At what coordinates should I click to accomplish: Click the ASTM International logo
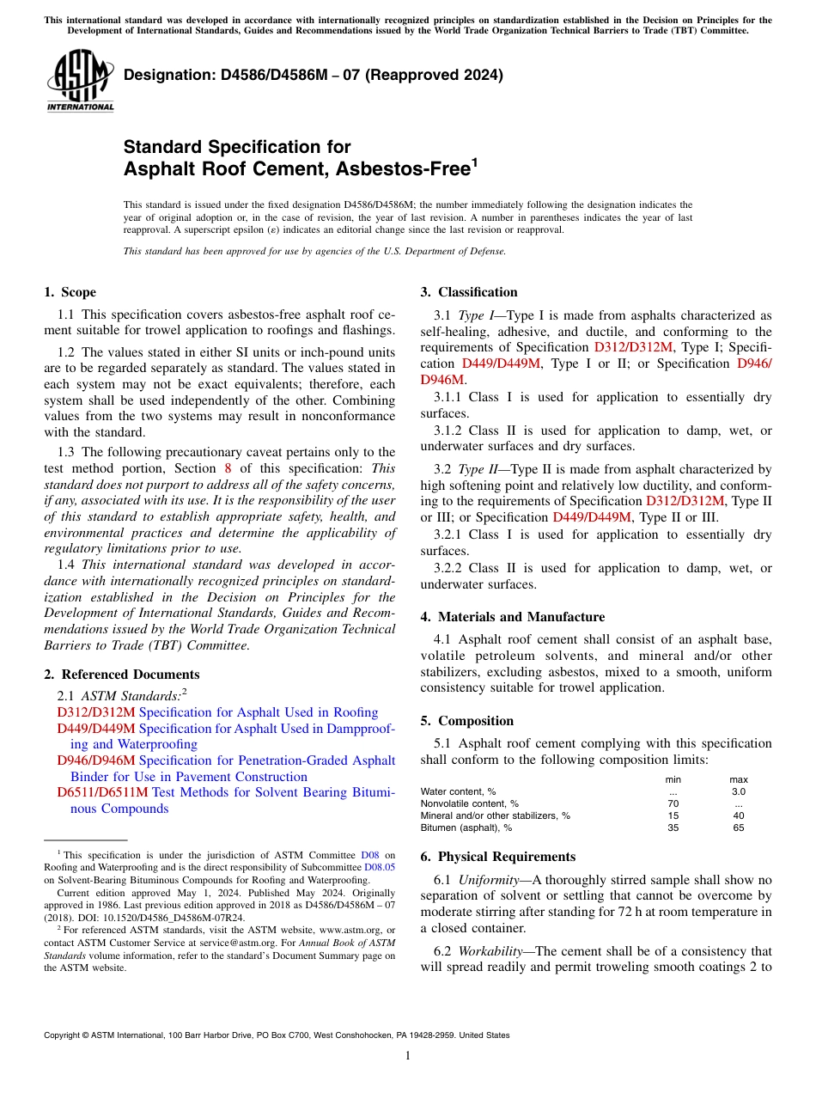(80, 81)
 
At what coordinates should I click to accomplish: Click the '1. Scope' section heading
(70, 292)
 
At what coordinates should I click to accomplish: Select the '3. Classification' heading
(469, 292)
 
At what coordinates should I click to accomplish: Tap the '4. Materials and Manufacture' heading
(513, 617)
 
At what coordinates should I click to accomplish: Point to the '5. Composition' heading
(467, 721)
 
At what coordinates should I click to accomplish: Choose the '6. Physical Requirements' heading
(498, 857)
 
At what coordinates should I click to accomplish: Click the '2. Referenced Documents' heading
(122, 675)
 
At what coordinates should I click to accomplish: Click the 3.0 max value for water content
(738, 791)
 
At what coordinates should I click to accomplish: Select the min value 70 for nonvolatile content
(673, 803)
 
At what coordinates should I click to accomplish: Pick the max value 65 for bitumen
(738, 827)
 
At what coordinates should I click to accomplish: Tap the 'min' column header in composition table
(673, 779)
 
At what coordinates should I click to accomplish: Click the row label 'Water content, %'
(458, 791)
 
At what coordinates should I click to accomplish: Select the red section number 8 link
(228, 468)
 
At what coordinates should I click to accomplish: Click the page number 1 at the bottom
(408, 1056)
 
